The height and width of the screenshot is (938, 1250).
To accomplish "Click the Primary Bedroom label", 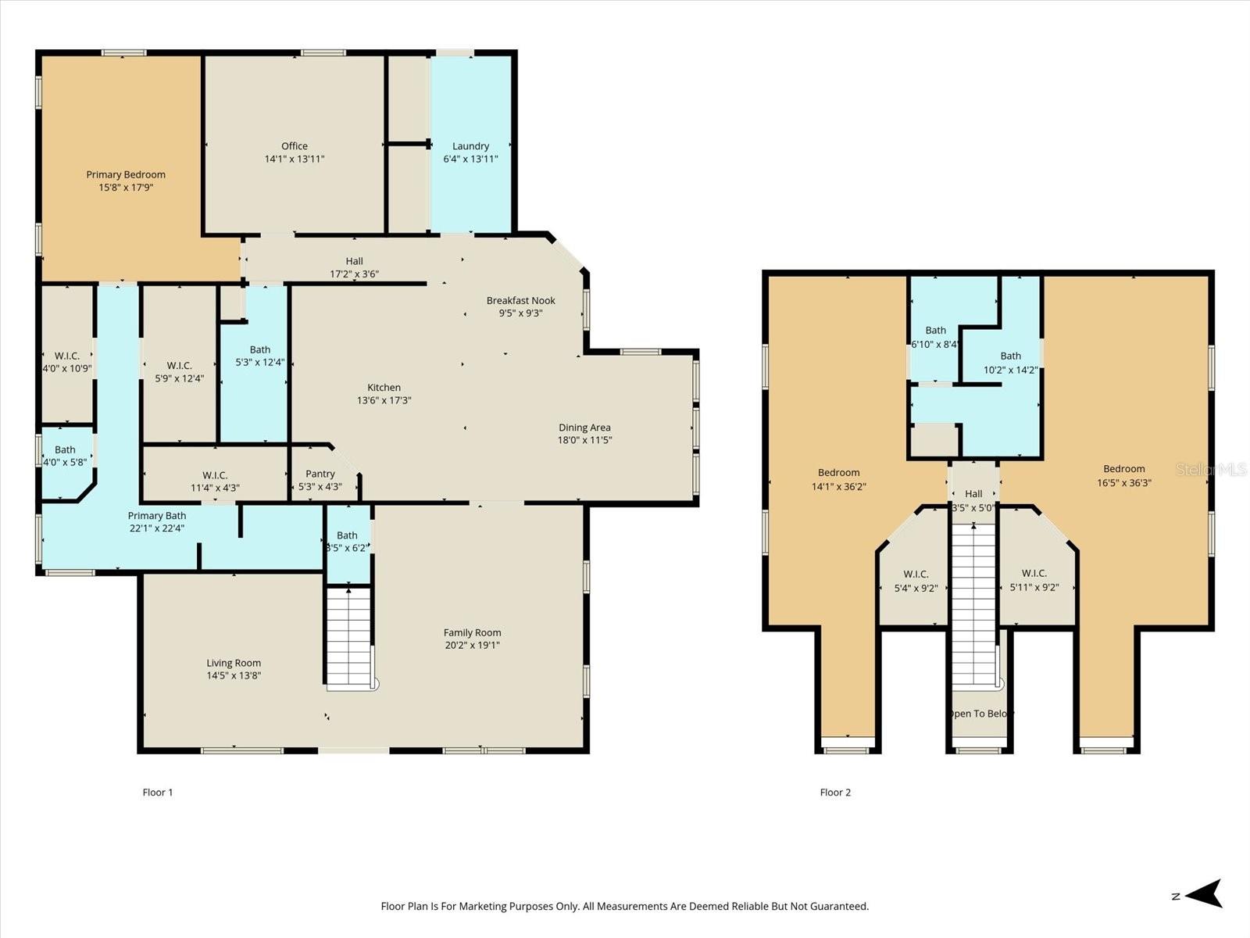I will [126, 174].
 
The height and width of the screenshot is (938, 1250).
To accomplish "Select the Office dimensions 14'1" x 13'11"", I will [295, 159].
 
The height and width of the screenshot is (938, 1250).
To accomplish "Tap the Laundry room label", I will [470, 146].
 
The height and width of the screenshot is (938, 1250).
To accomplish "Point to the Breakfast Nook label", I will [520, 300].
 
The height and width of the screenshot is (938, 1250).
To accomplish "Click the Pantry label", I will [320, 474].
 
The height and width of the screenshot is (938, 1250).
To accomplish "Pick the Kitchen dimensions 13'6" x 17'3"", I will [384, 400].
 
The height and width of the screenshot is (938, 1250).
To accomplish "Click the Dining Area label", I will [584, 428].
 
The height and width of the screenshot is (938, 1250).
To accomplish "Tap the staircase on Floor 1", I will [348, 637].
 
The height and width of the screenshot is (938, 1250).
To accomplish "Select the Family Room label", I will [472, 632].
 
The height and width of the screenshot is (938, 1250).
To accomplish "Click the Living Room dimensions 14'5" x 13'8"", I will [234, 675].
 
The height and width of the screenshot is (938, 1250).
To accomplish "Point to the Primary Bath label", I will [156, 515].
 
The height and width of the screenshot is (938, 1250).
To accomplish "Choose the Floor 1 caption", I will [158, 792].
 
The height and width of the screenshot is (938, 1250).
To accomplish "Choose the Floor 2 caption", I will [835, 792].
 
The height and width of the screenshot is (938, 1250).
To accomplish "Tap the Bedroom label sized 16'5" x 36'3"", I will [1123, 469].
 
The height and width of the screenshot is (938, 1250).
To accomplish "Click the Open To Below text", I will [980, 714].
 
